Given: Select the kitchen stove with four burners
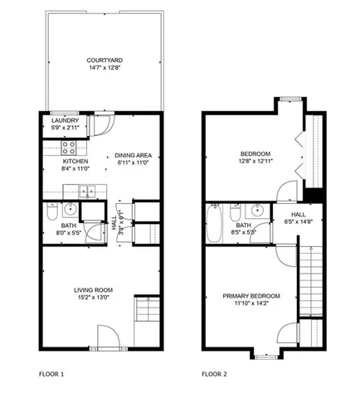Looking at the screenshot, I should coord(70,149).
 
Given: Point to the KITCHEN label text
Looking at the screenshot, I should coord(74,163).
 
